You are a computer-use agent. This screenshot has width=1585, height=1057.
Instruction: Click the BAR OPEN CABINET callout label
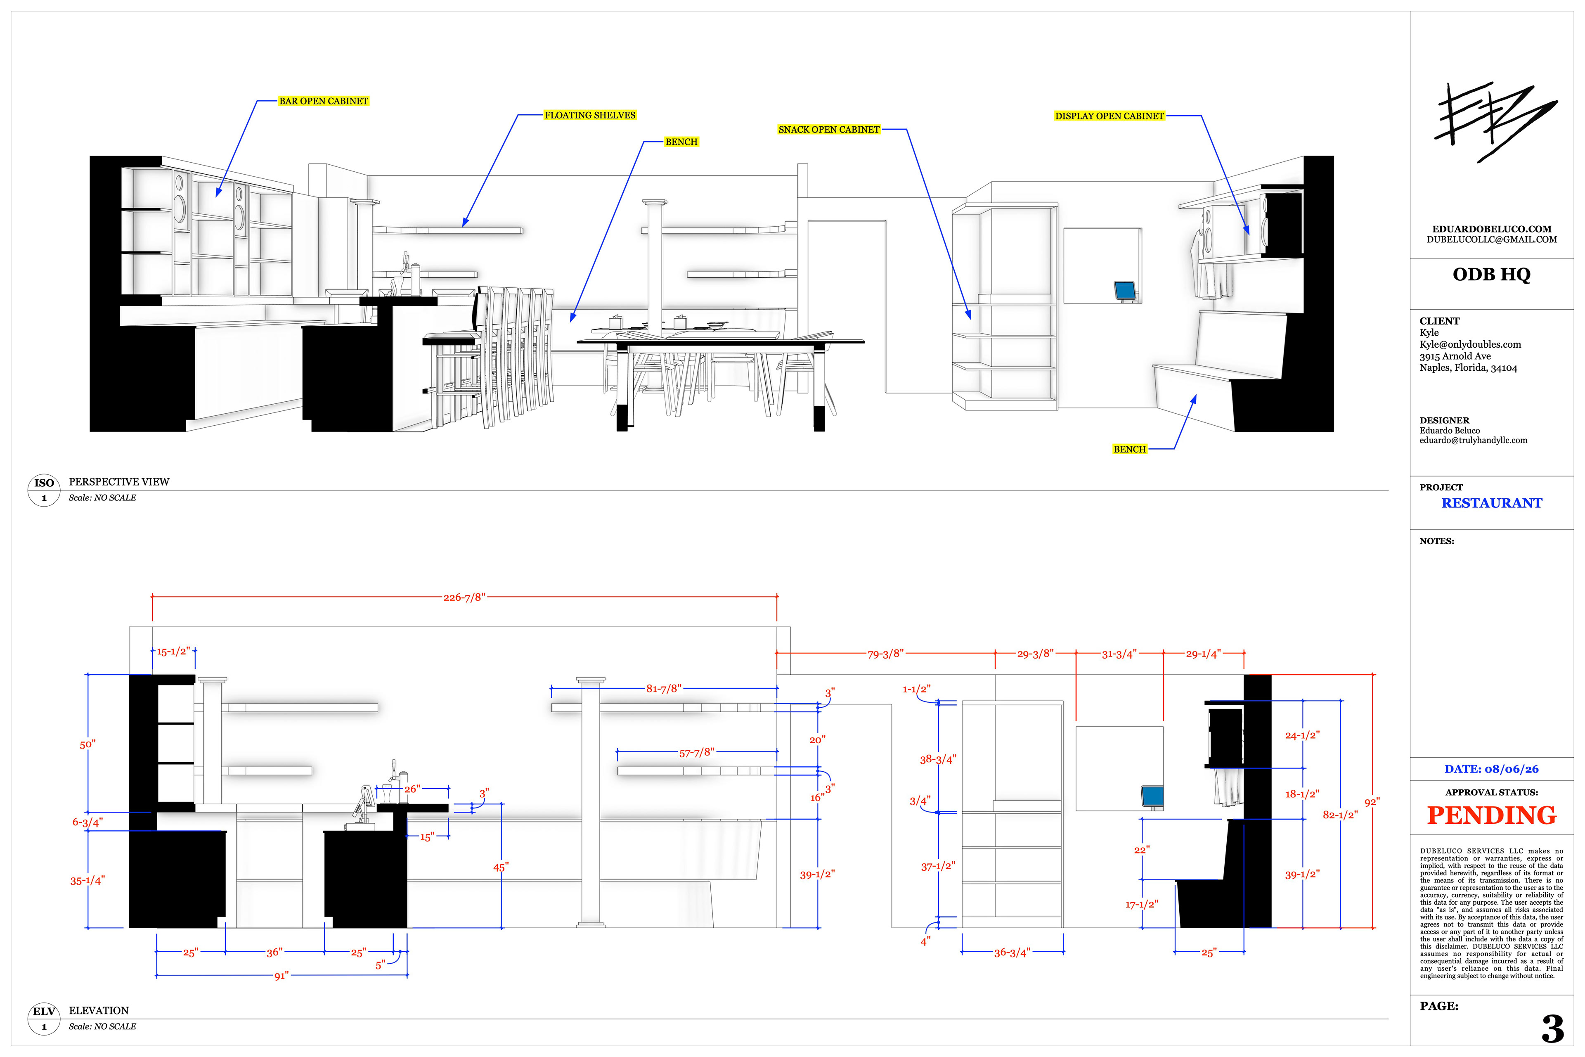324,101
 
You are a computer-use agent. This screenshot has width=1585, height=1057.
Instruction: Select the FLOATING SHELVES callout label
590,115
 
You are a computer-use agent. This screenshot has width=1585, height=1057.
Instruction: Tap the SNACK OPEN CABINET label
829,129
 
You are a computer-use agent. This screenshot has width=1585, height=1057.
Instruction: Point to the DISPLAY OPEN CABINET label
1109,116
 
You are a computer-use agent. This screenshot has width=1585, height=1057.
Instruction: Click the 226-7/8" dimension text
464,597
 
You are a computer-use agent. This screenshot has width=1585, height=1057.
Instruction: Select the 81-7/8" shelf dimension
664,688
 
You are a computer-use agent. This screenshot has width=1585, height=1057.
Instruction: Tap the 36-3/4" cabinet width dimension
1012,953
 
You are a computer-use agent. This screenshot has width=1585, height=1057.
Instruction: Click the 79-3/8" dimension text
885,654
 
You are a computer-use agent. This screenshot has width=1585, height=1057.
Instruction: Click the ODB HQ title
1491,274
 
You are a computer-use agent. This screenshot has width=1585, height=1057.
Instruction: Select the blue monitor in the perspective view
1125,291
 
